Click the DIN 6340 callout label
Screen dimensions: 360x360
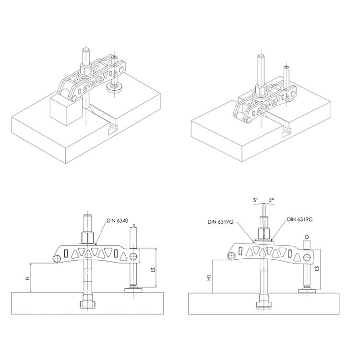(x=117, y=221)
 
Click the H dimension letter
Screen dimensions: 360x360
(x=27, y=278)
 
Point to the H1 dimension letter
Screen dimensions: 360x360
(x=209, y=278)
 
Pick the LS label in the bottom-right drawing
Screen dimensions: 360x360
(x=317, y=268)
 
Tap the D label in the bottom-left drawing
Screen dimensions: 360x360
(x=134, y=226)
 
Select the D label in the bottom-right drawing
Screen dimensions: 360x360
(x=307, y=237)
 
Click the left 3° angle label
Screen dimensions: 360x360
(x=255, y=200)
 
